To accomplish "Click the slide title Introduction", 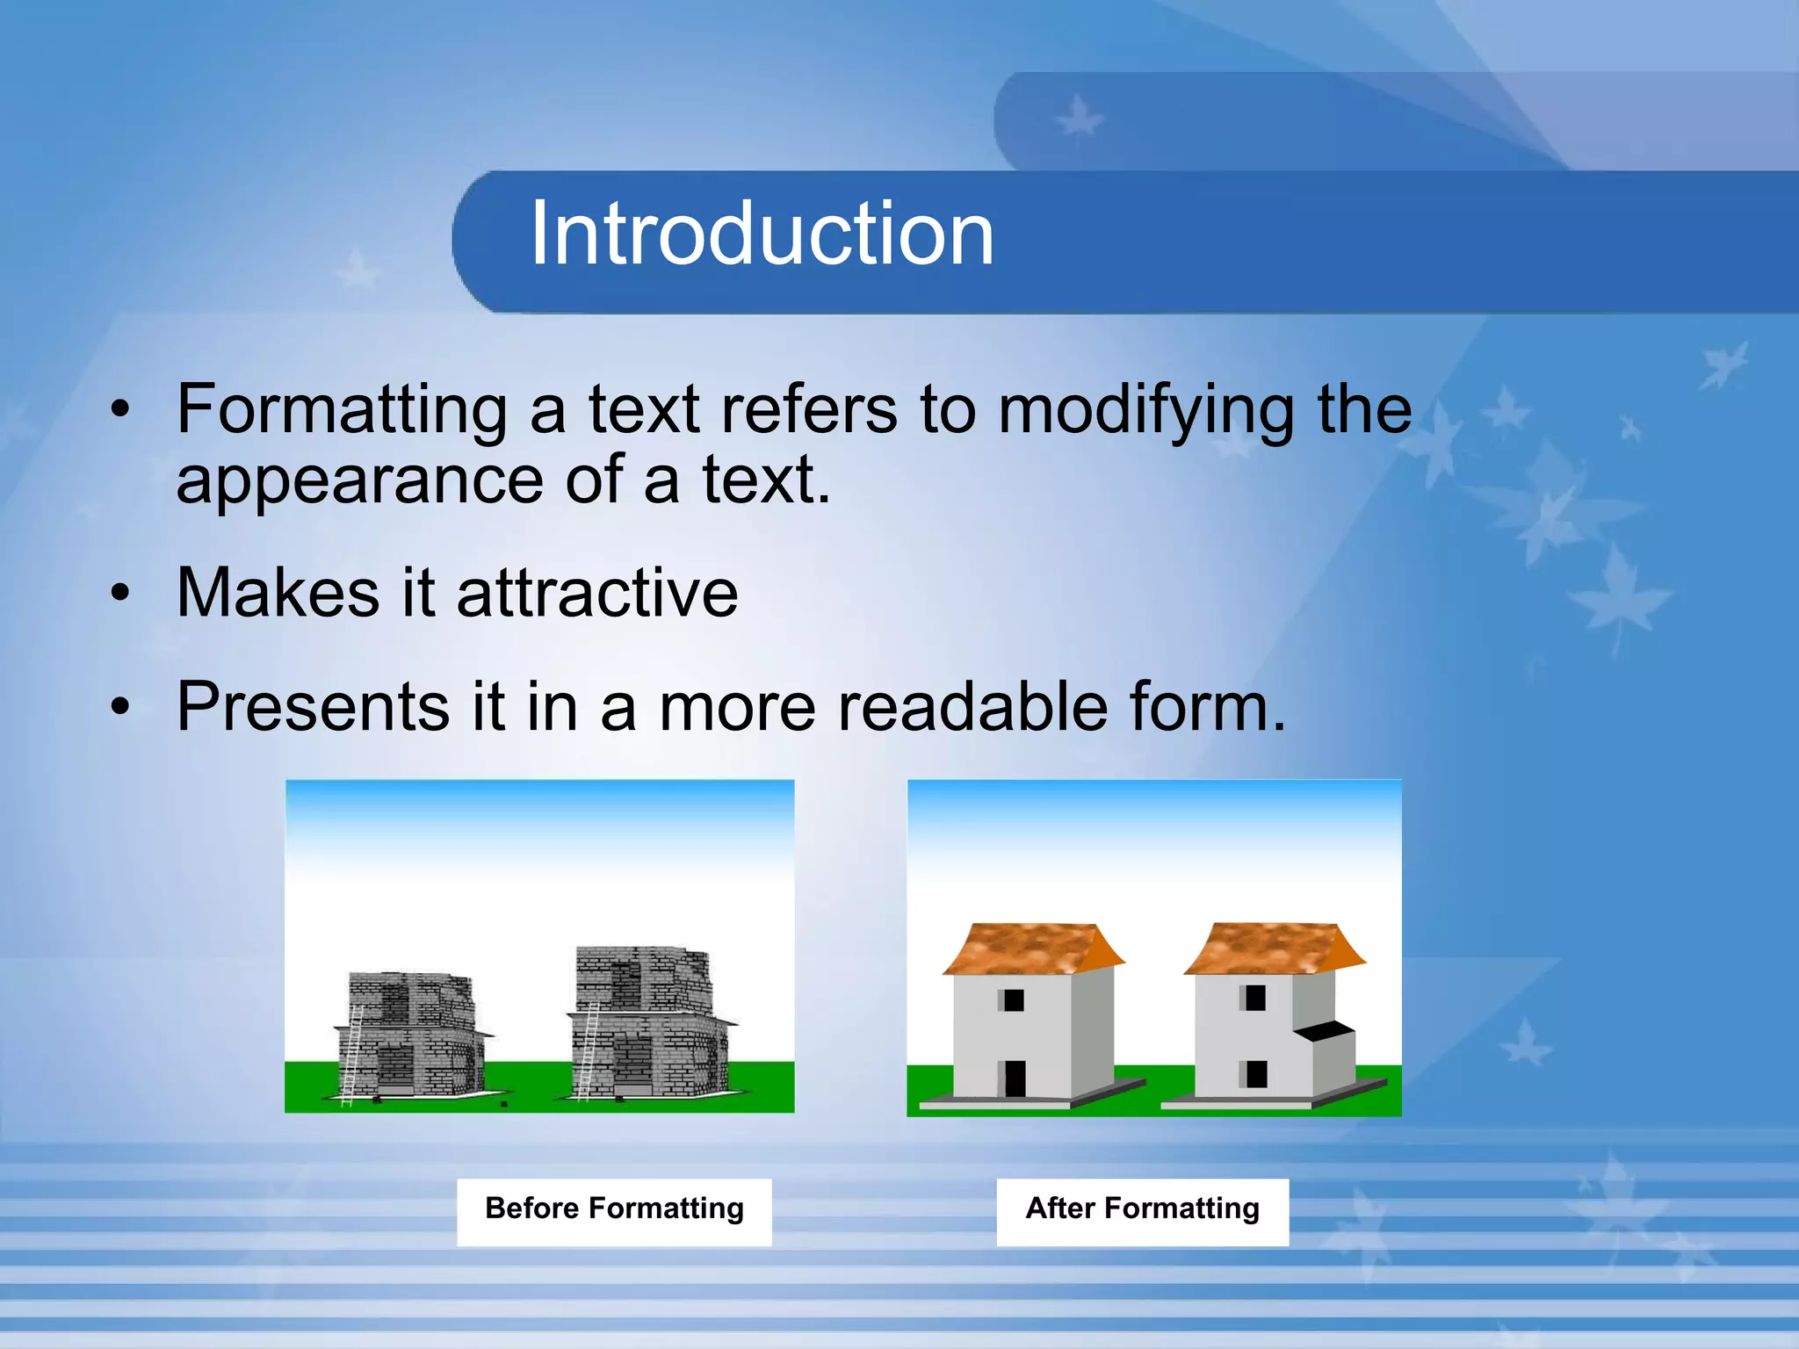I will pos(762,234).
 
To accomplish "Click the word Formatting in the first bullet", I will pos(342,410).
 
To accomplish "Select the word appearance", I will pos(359,481).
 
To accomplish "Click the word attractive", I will pos(597,593).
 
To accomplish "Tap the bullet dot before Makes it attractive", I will pos(120,594).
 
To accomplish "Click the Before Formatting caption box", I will pos(614,1211).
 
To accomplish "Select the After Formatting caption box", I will pos(1142,1211).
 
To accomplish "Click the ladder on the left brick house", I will pos(352,1054).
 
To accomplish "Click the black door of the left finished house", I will pos(1015,1078).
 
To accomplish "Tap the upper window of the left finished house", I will pos(1013,999).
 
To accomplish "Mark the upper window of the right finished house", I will pos(1255,998).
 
